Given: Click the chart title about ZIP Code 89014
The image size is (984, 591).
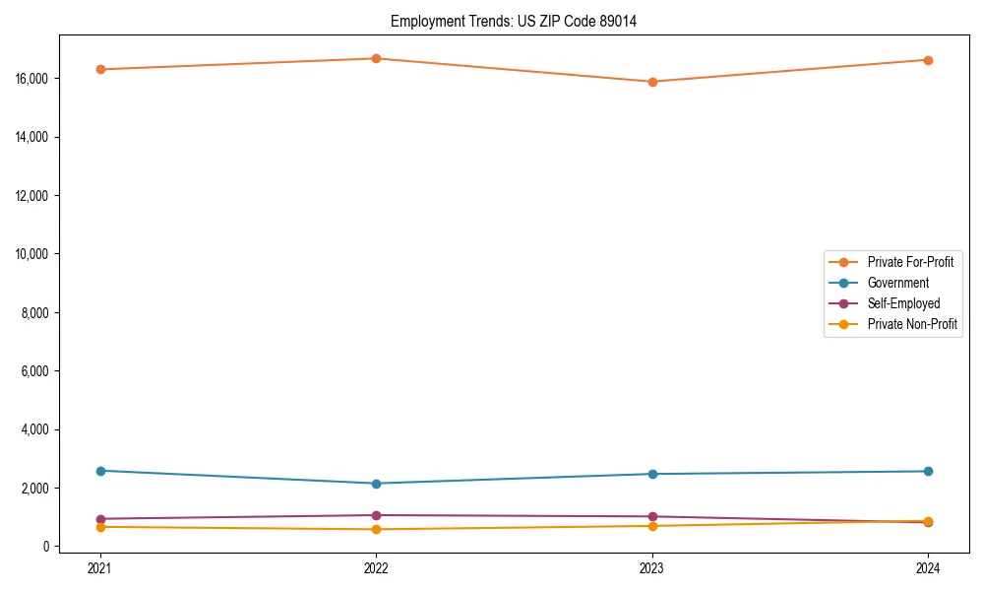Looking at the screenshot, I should pos(514,21).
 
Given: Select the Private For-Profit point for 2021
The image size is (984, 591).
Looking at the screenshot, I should pos(100,69).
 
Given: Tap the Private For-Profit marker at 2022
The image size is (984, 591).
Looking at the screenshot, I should pos(376,58).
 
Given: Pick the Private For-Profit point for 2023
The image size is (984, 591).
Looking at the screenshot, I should pos(652,82).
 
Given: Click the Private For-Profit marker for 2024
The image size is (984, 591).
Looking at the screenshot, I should pos(928,60).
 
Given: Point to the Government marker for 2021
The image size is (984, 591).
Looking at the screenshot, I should pos(100,471).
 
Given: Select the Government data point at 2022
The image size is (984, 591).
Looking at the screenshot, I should pos(376,484).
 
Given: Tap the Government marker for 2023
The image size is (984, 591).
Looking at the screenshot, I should pos(652,474).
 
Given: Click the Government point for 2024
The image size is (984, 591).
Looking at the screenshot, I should pos(928,471).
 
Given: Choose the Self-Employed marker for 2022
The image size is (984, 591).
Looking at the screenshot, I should pos(376,515).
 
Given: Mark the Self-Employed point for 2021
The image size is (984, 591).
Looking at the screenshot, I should pos(100,519).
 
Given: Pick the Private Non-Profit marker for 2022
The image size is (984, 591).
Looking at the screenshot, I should pos(376,529).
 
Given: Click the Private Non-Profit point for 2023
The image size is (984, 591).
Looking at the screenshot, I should pos(652,526).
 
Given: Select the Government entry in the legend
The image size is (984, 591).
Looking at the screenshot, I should pos(897,283).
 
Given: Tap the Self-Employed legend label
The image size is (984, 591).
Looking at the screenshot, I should pos(903,303).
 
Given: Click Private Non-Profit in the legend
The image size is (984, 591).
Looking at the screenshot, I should pos(912,324).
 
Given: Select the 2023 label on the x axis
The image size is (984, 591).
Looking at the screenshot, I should pos(652,567).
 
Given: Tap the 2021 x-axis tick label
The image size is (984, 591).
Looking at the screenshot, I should pos(100,567).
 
